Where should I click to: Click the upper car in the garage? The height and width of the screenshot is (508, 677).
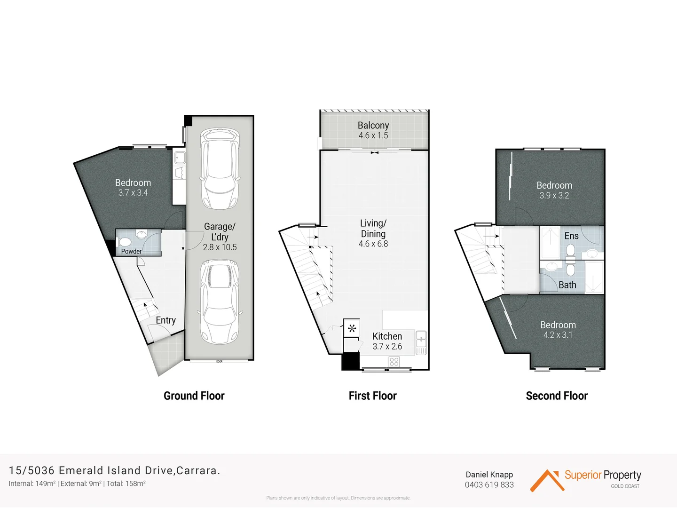point(220,169)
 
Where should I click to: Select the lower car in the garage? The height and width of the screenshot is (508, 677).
point(220,301)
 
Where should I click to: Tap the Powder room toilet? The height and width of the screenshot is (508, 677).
point(125,242)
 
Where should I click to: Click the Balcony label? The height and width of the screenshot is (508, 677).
point(373,126)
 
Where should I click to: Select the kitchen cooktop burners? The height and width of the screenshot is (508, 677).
point(394,361)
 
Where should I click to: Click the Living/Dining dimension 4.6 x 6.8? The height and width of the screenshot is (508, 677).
point(373,244)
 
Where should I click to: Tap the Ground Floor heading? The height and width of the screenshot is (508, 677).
point(194,396)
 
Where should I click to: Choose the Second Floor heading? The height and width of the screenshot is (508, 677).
point(557,396)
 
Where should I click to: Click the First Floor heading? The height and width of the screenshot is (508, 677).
point(372,396)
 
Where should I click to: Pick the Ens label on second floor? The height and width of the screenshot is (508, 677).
point(571,236)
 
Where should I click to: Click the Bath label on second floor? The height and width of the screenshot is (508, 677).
point(567,285)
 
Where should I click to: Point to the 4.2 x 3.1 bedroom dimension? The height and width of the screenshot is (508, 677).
point(558,335)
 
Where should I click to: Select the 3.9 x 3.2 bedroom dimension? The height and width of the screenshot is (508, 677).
point(554,196)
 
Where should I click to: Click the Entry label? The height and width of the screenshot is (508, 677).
point(165,320)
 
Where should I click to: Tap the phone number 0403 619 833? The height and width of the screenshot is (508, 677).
point(489,485)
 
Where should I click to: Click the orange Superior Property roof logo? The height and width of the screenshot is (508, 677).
point(547,481)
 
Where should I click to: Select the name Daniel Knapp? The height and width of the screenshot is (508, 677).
point(489,475)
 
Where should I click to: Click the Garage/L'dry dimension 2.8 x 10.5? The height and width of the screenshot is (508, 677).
point(220,247)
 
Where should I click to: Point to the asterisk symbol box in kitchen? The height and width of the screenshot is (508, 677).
point(352,328)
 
